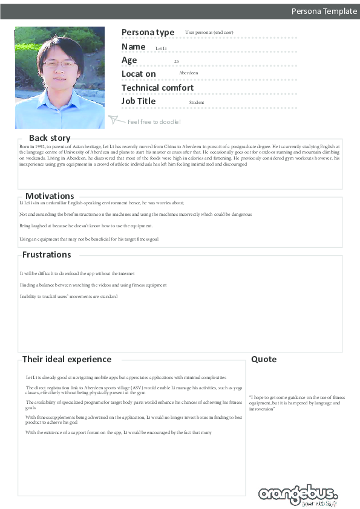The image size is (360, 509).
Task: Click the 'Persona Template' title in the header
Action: pos(324,11)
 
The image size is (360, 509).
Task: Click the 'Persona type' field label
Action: pos(148,33)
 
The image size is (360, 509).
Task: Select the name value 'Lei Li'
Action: pos(161,48)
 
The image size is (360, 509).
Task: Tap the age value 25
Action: pos(176,62)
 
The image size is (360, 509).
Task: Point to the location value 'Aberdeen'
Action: pos(188,73)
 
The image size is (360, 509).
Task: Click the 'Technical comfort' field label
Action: pos(157,88)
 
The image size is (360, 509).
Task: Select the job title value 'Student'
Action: pos(197,103)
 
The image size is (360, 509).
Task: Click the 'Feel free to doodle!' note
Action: pos(154,122)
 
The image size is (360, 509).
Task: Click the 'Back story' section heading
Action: pos(50,138)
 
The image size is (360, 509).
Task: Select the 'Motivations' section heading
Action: pos(50,196)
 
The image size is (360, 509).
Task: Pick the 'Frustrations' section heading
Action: pos(47,254)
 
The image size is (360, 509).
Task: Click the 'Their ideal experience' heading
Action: pos(67,359)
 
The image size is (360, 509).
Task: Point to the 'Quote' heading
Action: pos(264,359)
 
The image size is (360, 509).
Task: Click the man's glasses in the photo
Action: pos(59,63)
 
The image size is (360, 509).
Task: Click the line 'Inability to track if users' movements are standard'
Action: pos(68,297)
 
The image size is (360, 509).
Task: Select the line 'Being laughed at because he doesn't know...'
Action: pos(86,226)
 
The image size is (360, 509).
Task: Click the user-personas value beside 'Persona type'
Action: pos(209,32)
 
